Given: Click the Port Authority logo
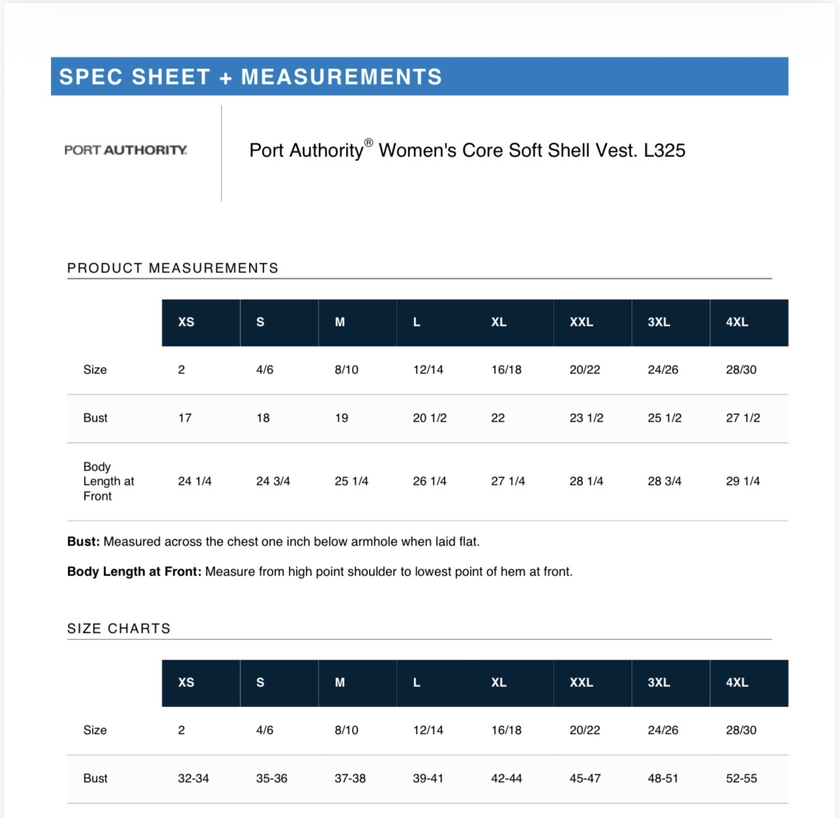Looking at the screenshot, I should point(126,150).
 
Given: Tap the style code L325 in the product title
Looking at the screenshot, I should point(664,151).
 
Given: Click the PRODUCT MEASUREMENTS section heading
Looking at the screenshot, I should point(173,268).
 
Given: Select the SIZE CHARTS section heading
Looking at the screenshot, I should point(119,628).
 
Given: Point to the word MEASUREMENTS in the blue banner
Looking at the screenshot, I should point(341,77).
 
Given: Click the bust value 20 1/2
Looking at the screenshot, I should point(429,418).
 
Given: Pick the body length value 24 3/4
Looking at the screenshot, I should point(273,481).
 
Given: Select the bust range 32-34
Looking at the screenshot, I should point(194,778).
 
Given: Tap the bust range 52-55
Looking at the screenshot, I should point(742,778).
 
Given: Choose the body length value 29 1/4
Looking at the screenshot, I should point(743,481).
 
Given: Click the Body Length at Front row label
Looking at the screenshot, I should point(108,481).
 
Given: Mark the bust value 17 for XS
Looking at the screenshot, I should point(185,418).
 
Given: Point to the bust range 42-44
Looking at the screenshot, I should point(506,778).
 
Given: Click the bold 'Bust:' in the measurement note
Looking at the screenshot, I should point(83,542).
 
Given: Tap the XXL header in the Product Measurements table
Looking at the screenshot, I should point(581,322).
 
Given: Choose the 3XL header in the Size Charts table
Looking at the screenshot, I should point(659,682).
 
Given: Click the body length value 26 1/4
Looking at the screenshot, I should point(429,481).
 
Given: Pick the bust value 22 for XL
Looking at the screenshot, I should point(498,418).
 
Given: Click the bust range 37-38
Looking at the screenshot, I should point(350,778).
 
